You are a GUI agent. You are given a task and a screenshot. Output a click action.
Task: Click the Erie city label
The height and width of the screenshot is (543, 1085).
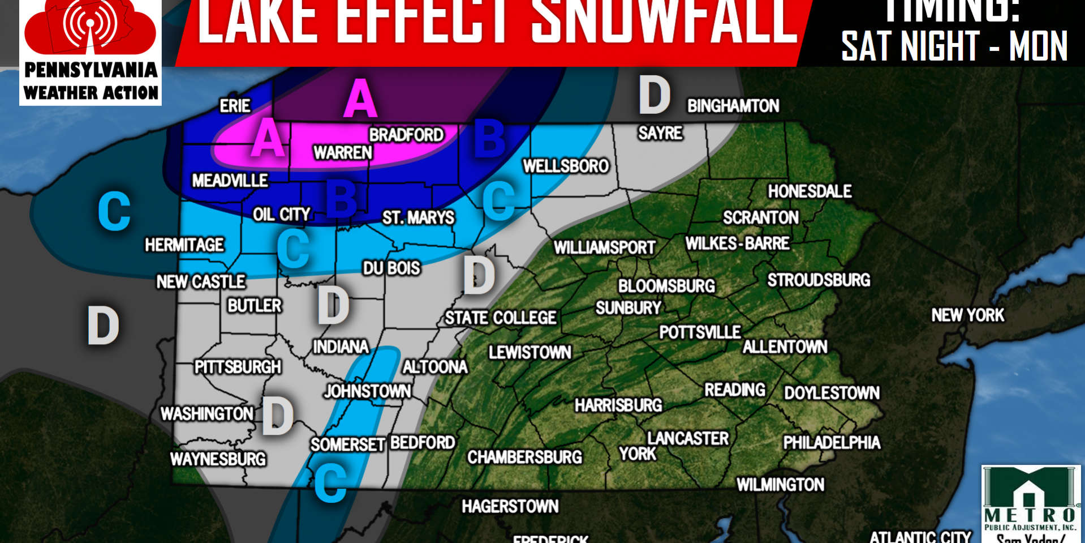(235, 106)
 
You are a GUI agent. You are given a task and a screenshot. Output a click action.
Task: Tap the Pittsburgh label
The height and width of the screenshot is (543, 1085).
(238, 367)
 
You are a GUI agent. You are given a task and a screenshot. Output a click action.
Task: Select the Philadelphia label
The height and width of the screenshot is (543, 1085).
(831, 442)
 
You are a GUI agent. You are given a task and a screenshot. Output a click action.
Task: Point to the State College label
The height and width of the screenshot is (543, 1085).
(500, 318)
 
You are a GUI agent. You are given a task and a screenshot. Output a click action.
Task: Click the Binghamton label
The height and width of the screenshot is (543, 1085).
(733, 106)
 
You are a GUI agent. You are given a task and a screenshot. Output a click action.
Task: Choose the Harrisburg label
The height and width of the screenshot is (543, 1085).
(618, 405)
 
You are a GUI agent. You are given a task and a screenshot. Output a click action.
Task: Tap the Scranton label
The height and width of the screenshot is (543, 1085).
(760, 217)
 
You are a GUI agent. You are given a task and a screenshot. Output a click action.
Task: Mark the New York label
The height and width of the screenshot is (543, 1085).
(967, 315)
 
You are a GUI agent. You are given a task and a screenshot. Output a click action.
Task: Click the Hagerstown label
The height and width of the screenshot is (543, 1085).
(510, 506)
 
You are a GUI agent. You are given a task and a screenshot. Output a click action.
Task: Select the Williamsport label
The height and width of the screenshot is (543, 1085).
(604, 247)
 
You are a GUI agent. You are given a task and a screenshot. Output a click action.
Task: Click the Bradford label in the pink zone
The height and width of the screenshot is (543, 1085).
(406, 135)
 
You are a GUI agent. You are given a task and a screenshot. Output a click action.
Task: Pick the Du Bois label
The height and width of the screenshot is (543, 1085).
(391, 268)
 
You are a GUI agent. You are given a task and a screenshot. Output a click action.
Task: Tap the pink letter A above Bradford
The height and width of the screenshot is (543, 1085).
(360, 99)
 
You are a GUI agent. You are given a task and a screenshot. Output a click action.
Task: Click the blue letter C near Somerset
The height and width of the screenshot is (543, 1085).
(330, 482)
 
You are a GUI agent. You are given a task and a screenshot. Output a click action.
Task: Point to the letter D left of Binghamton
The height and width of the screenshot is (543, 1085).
(655, 95)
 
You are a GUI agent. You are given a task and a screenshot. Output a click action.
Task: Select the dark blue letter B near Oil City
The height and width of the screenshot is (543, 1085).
(342, 198)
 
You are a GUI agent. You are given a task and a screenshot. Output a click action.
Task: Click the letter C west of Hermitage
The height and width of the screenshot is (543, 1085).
(114, 211)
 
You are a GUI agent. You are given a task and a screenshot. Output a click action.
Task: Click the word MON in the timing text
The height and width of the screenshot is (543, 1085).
(1038, 46)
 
